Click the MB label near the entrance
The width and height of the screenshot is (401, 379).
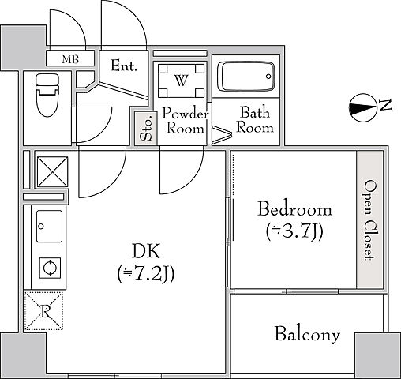(70, 59)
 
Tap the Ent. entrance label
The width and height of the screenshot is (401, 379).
(124, 66)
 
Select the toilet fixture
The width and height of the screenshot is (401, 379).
(47, 95)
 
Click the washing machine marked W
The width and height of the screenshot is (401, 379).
(181, 81)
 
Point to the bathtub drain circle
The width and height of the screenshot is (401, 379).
(268, 77)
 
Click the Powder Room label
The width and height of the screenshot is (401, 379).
(185, 121)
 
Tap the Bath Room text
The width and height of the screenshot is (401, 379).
(255, 120)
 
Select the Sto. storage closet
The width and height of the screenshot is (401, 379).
(146, 128)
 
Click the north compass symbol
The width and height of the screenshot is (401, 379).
(363, 108)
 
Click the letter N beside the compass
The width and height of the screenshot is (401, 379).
(386, 105)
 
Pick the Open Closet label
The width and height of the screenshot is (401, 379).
(369, 220)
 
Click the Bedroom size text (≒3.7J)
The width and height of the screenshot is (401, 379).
(294, 231)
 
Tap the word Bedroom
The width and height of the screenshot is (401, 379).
(294, 209)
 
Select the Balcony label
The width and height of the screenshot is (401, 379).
(307, 335)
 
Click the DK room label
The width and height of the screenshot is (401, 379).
(146, 251)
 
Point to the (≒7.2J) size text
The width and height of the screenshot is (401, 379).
(146, 274)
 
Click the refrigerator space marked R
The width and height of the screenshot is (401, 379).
(43, 310)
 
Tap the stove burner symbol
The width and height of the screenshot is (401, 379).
(50, 268)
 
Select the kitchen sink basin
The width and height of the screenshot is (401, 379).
(50, 226)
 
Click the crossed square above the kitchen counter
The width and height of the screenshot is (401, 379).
(53, 172)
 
